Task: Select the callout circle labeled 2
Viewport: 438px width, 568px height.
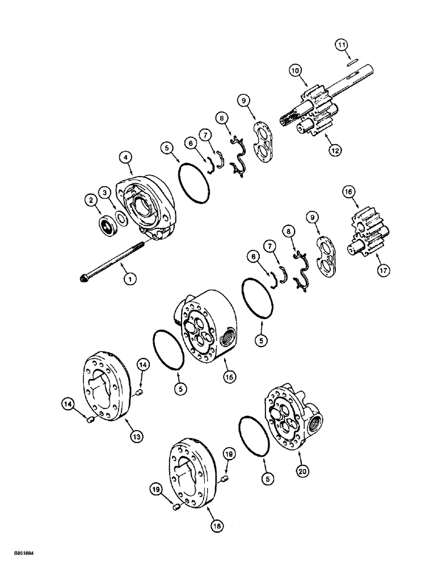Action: (90, 199)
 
